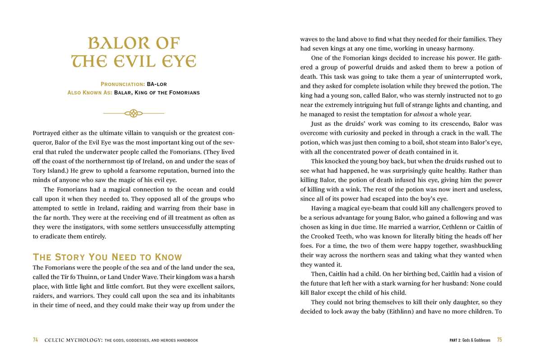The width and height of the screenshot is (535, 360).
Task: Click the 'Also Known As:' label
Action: (89, 93)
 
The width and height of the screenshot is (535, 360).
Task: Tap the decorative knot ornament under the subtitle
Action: (133, 113)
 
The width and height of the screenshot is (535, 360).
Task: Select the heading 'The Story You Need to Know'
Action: (107, 257)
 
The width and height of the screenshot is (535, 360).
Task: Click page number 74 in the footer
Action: (36, 340)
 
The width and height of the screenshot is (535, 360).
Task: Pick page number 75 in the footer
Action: (499, 340)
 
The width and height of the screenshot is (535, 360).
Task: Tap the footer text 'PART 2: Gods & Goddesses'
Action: (466, 340)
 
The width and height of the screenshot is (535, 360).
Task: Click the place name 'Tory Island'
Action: (50, 171)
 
